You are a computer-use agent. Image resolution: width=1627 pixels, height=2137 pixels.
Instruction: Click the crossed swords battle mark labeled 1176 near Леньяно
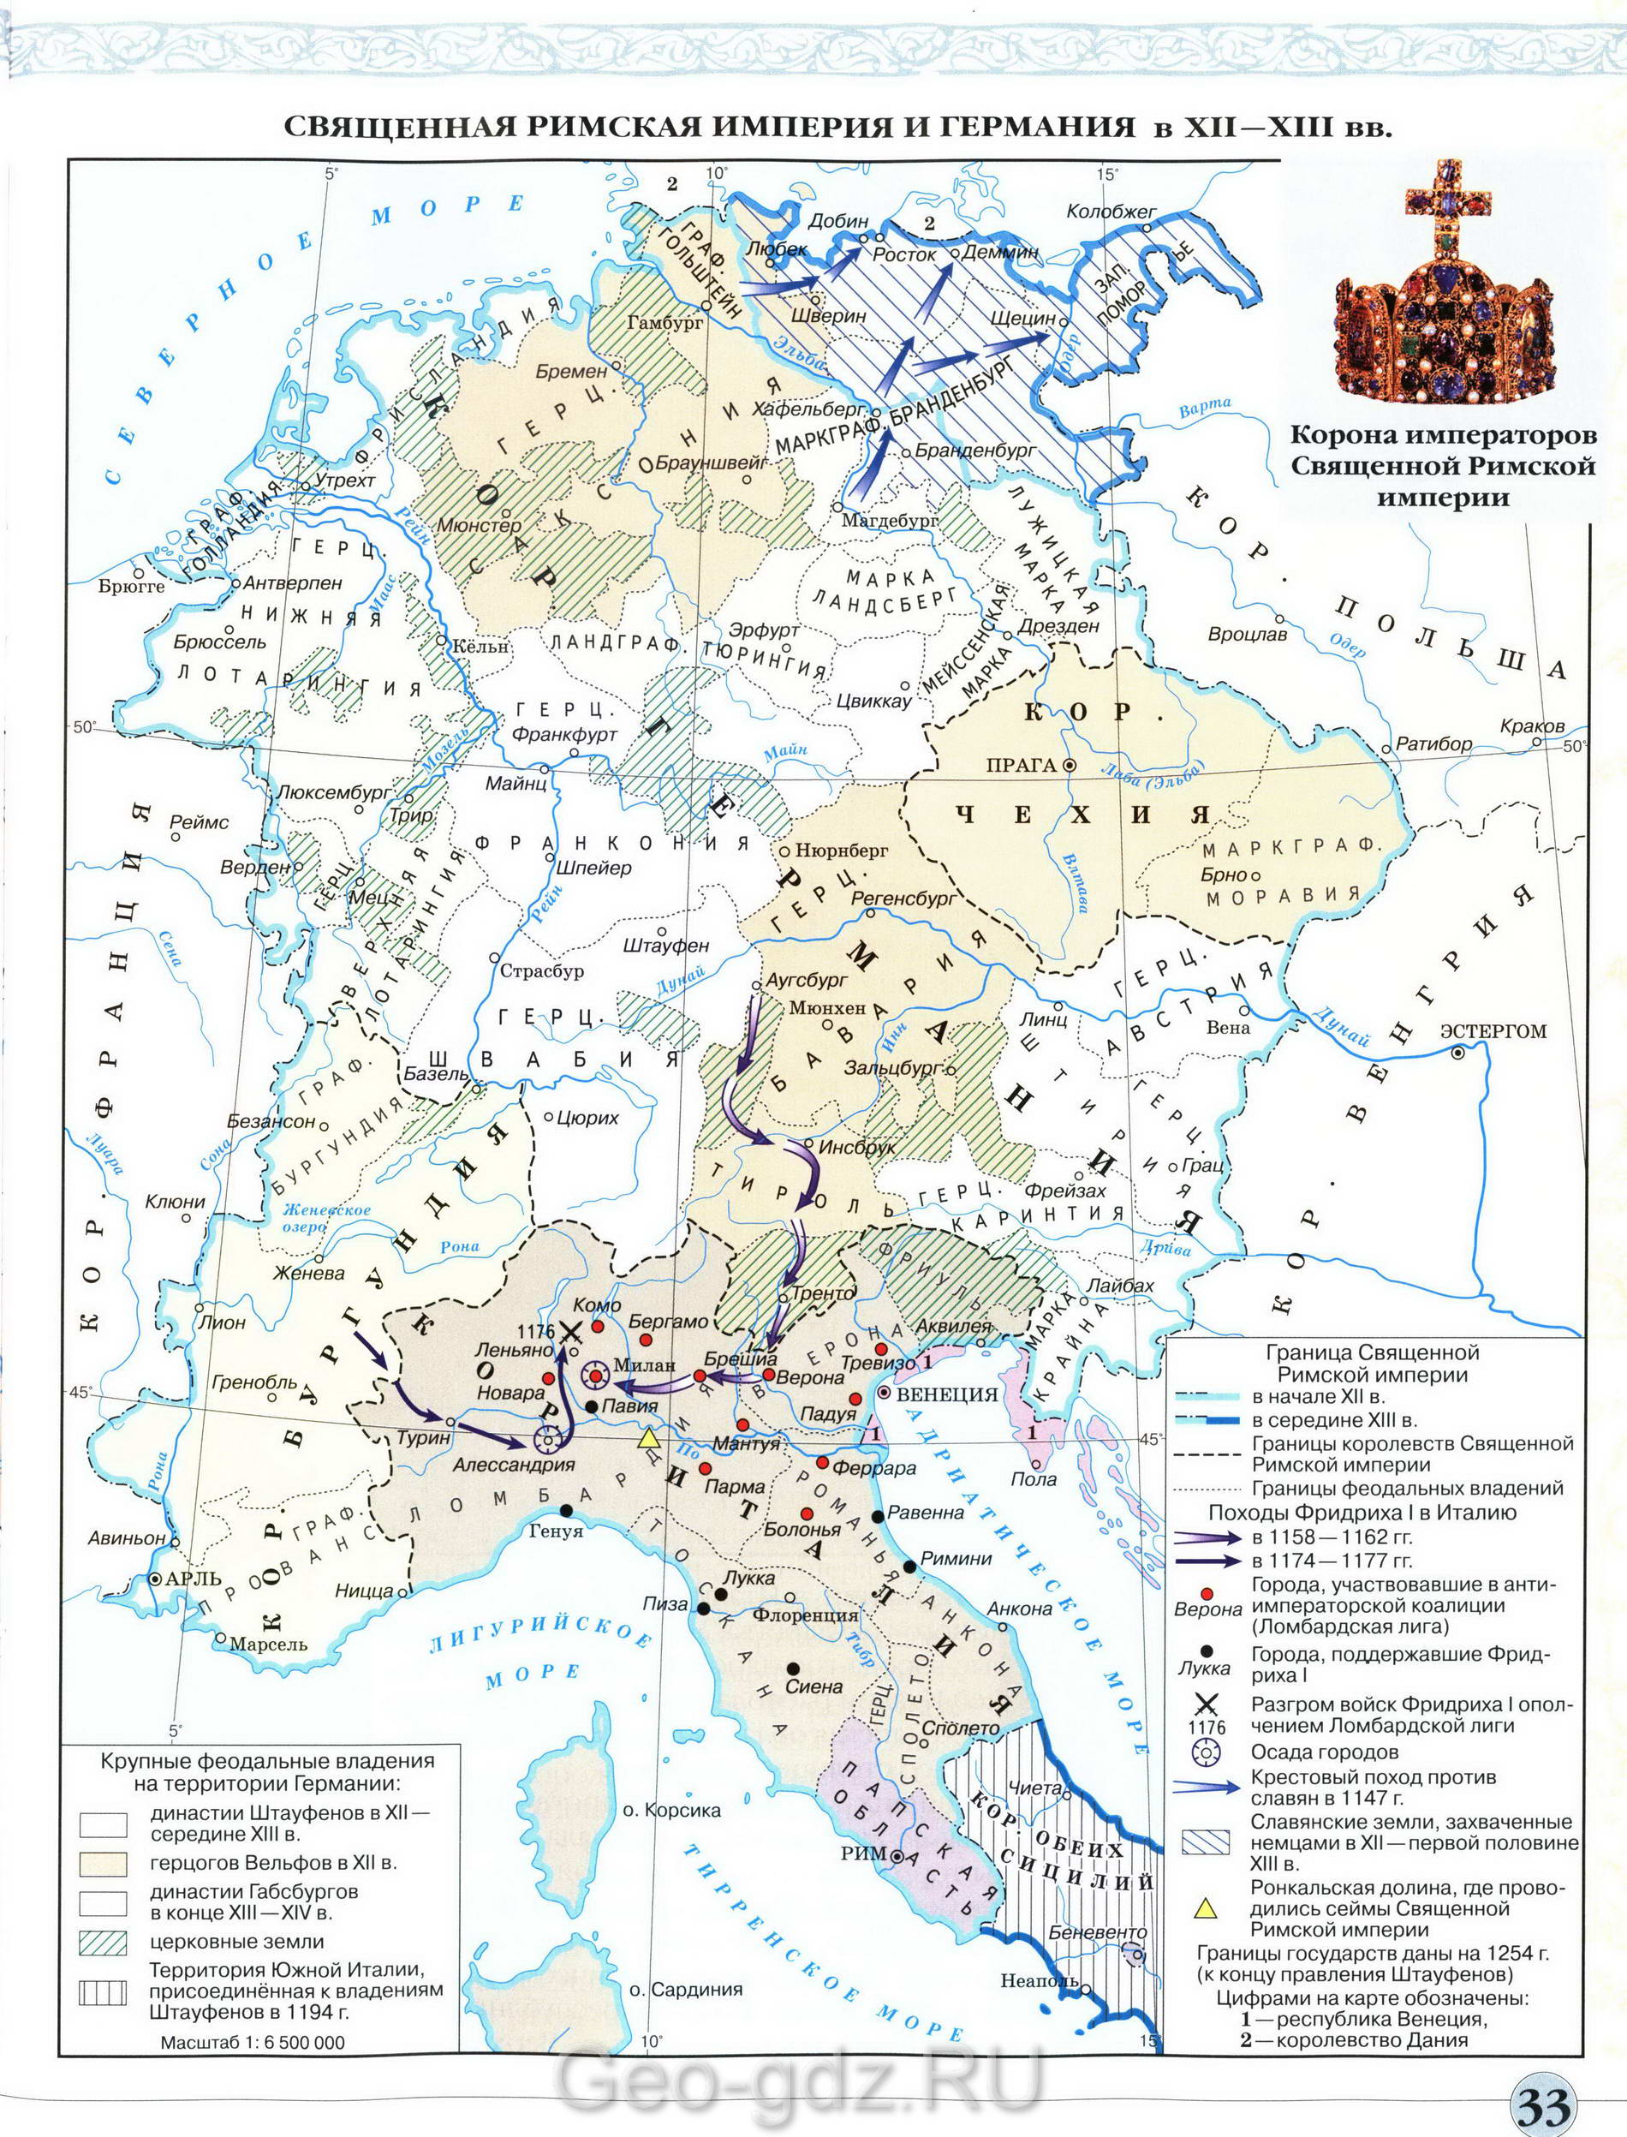coord(571,1332)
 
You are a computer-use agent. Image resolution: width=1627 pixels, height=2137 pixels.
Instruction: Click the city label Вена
coord(1228,1028)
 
